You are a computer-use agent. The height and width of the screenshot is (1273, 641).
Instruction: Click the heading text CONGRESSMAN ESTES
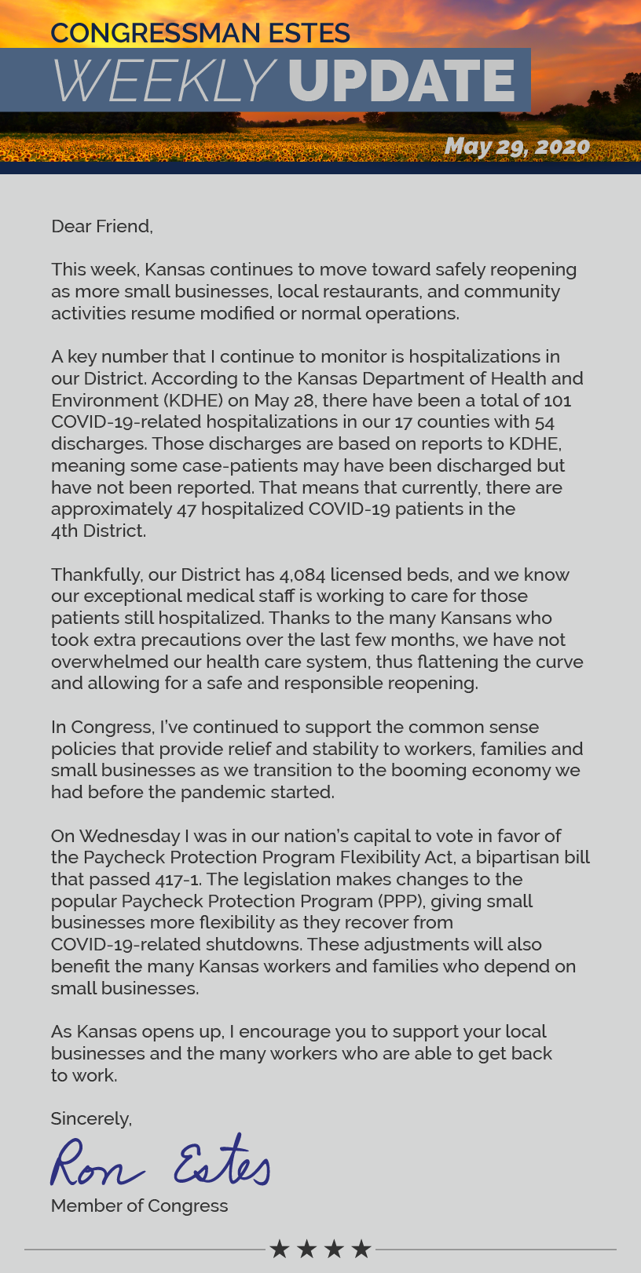pos(200,33)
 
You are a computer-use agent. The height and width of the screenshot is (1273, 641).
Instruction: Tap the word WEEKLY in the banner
pos(163,81)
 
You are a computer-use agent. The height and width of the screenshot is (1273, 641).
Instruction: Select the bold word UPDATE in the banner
pos(401,81)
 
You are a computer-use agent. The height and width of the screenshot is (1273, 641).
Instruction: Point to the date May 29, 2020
pos(517,146)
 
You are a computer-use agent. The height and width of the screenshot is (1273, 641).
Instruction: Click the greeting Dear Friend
pos(101,226)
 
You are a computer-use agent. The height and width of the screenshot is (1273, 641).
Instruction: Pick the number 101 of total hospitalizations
pos(557,400)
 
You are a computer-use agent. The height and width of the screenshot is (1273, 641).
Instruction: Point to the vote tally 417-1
pos(172,879)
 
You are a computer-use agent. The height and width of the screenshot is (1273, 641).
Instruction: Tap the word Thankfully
pos(95,574)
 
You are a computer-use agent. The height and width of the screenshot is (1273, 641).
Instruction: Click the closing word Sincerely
pos(91,1118)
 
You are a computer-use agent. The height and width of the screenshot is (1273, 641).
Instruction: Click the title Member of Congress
pos(139,1206)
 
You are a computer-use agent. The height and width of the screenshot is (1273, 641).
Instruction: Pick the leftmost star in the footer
pos(280,1249)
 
